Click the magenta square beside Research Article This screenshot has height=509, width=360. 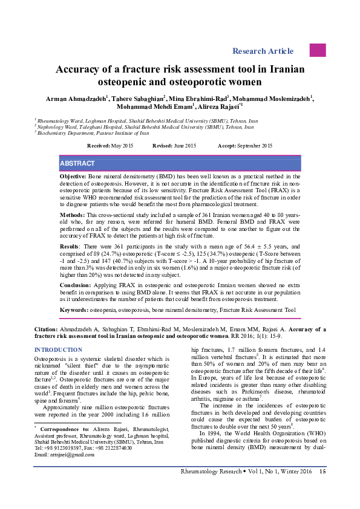(318, 50)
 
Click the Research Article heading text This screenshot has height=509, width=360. (267, 51)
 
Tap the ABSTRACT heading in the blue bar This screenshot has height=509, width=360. (77, 164)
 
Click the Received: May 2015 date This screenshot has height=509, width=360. (110, 146)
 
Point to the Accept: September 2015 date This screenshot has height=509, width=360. (244, 146)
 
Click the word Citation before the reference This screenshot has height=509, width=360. (47, 329)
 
